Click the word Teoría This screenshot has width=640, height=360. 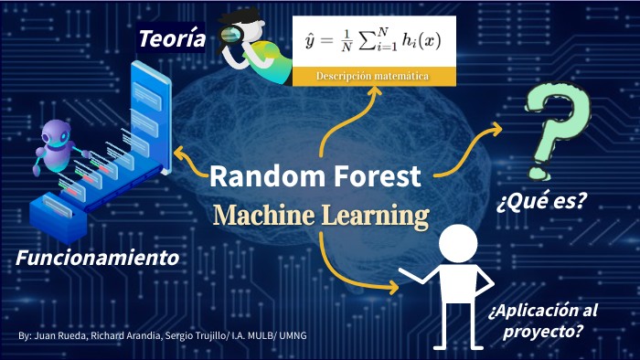[x=172, y=38]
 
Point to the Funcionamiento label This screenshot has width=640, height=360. [x=97, y=259]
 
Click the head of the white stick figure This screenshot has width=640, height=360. [x=457, y=244]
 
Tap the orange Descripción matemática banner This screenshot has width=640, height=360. [x=373, y=77]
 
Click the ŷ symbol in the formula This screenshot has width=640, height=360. [x=310, y=42]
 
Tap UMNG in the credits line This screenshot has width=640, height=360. [x=293, y=336]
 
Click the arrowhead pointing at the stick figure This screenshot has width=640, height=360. [x=393, y=287]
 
